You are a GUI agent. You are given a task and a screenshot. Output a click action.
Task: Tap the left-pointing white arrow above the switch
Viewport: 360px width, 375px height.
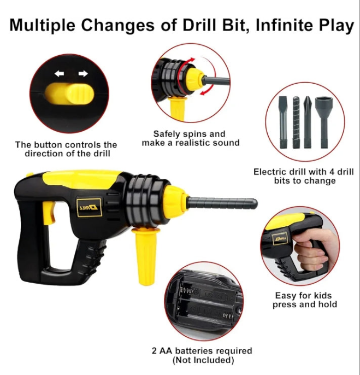60,74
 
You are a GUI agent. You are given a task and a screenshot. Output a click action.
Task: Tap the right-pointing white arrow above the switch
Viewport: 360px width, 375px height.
83,73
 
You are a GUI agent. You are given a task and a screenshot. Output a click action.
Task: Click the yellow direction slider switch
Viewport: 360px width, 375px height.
69,93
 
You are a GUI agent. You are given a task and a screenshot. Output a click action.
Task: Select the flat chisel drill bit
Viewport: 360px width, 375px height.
284,122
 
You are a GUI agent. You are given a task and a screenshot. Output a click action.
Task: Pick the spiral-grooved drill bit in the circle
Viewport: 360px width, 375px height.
296,122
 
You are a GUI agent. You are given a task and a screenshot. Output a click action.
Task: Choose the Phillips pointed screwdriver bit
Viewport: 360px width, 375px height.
308,122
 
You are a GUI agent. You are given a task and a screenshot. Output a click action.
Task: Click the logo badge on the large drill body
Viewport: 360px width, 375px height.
89,207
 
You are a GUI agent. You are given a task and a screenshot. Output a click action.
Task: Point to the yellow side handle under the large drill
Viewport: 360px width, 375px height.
145,256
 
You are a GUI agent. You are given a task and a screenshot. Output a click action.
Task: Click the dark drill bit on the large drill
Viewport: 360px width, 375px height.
222,203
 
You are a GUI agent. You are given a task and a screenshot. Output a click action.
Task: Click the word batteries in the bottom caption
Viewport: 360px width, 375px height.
193,351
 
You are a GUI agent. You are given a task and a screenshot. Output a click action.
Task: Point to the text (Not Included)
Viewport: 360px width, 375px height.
203,360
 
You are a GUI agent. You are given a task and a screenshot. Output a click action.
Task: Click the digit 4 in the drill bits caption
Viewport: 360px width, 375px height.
333,172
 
